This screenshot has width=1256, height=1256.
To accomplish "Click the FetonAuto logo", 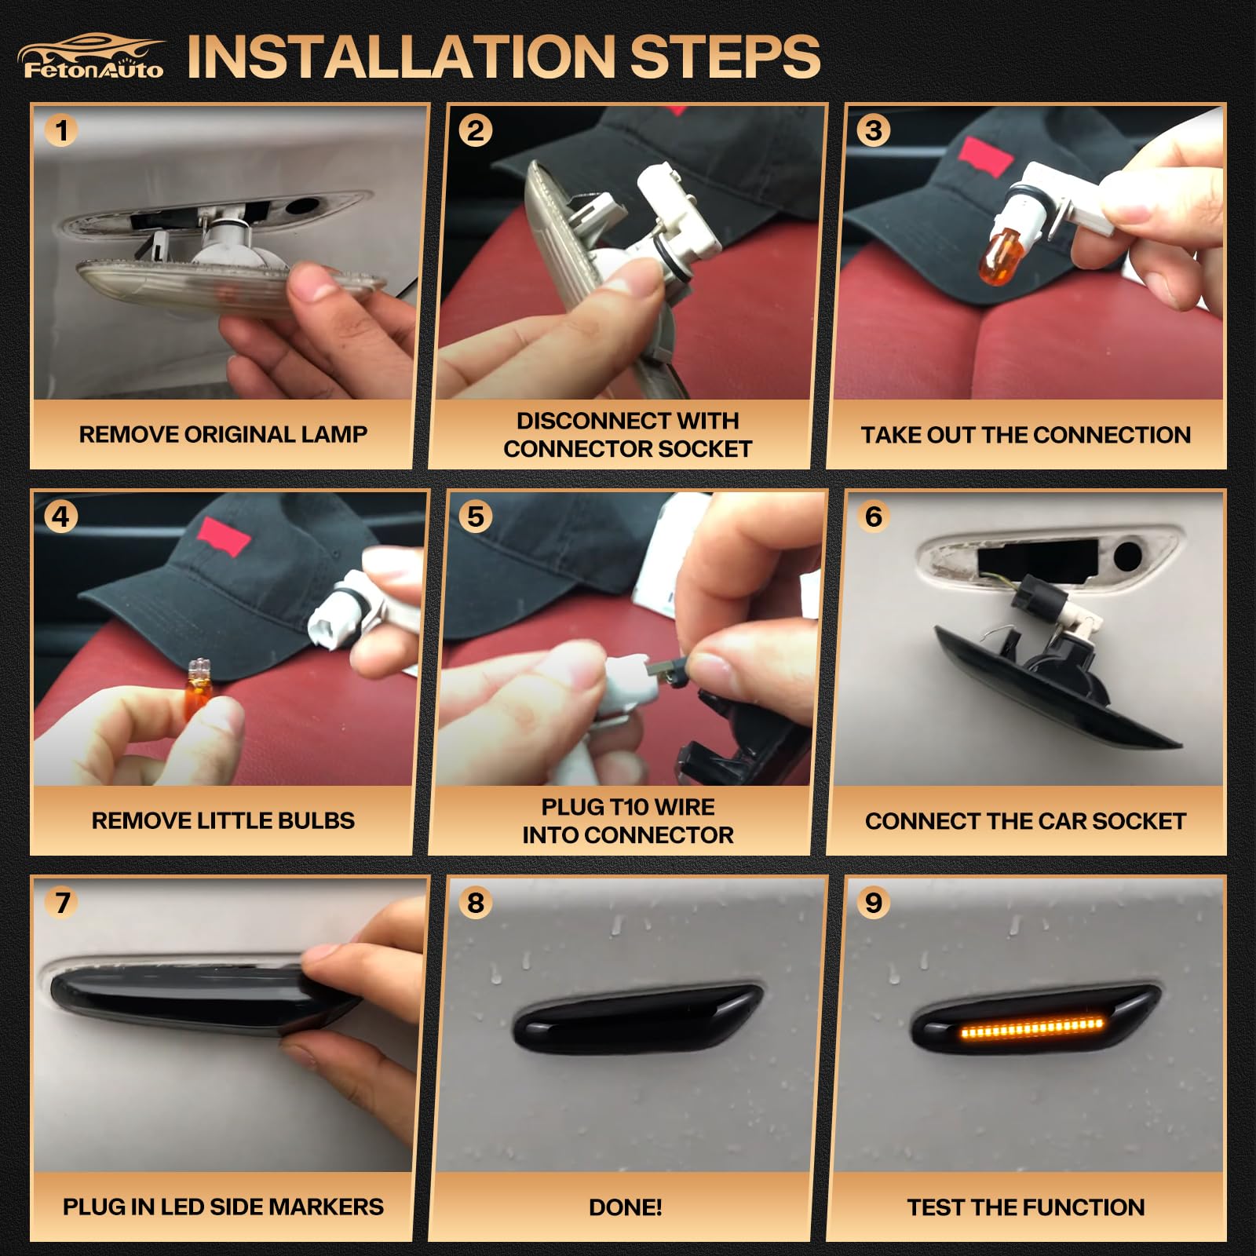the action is point(93,57).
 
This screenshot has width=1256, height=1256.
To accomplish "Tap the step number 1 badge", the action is point(61,130).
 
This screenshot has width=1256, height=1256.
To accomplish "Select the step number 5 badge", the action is point(476,517).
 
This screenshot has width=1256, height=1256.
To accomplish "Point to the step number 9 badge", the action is point(873,903).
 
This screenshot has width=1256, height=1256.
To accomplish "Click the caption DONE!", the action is point(626,1207).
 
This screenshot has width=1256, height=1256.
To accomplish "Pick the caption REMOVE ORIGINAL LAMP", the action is point(223,434).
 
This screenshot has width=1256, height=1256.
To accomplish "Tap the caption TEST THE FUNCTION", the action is point(1026,1207).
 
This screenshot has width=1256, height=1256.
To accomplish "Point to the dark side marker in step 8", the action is point(637,1018).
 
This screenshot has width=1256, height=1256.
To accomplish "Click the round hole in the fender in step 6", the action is point(1127,556).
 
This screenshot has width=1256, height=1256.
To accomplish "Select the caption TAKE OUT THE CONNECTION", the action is point(1026,435).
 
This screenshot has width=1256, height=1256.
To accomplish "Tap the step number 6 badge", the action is point(873,517).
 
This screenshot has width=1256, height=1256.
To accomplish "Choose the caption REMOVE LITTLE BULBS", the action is point(223,821).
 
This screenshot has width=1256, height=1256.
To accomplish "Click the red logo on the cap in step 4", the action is point(225,537).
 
